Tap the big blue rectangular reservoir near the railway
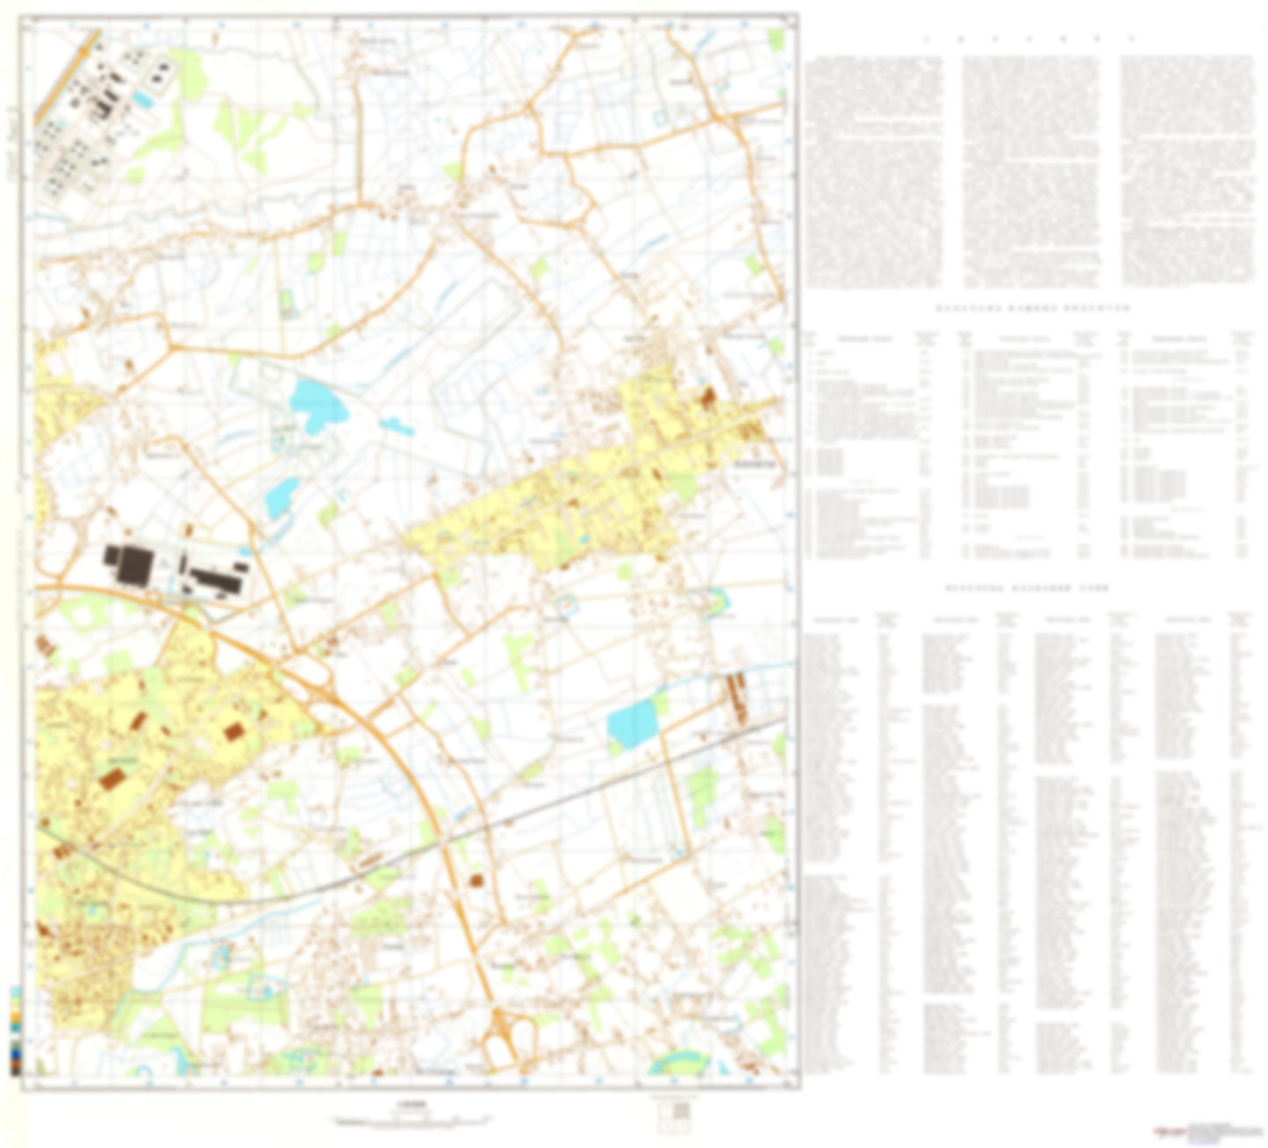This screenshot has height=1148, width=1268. (x=632, y=724)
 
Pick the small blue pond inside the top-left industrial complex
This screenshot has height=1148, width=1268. (x=143, y=100)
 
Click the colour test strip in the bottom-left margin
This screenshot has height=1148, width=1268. (x=16, y=1030)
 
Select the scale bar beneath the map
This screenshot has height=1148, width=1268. (x=408, y=1119)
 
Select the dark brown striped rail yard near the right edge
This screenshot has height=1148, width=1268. (x=734, y=699)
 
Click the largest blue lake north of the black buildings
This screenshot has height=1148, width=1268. (x=317, y=403)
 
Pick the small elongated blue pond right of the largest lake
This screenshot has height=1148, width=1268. (x=397, y=427)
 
